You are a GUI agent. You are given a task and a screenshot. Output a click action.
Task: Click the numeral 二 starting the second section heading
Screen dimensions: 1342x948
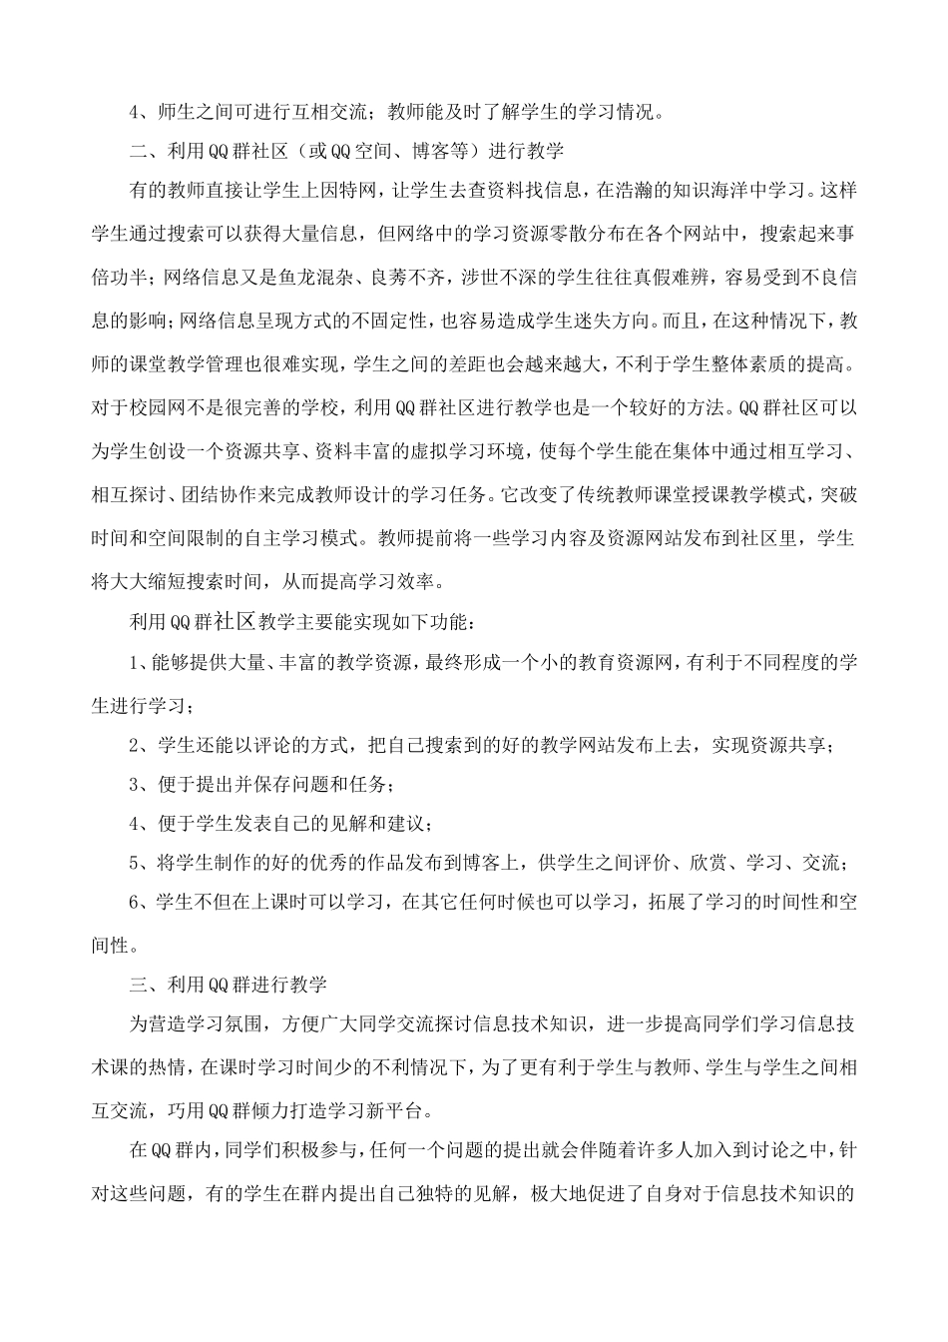140,151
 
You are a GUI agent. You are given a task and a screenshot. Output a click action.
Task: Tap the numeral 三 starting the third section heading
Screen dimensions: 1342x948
140,985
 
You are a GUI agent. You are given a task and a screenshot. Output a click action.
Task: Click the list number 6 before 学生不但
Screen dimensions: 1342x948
135,902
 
